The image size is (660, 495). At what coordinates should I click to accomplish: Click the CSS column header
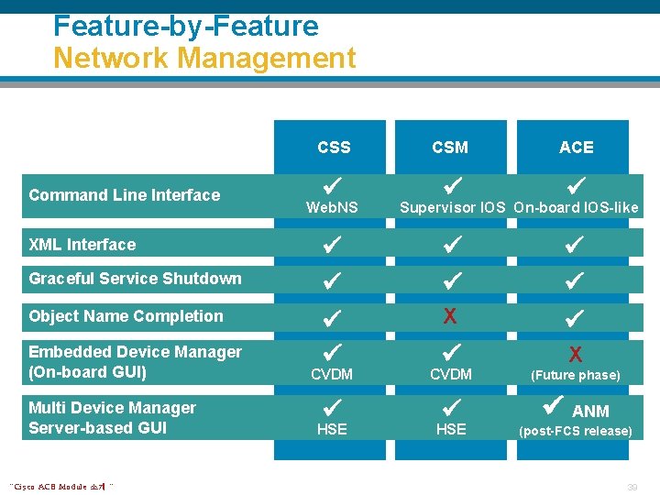tap(334, 147)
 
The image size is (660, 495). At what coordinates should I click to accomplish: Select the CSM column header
tap(450, 147)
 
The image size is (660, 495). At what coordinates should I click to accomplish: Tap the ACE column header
tap(577, 147)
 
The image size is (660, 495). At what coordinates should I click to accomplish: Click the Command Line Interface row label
tap(125, 194)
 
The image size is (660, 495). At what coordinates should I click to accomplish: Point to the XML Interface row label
tap(82, 245)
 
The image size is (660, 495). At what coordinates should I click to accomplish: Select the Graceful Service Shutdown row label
tap(136, 279)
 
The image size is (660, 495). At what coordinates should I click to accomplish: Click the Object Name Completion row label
tap(126, 316)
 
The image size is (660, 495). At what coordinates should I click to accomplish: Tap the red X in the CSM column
tap(450, 316)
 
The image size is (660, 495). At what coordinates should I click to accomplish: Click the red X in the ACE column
tap(576, 354)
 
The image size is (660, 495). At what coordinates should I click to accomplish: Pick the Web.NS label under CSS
tap(332, 208)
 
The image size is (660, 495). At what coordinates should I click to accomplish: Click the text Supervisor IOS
tap(452, 207)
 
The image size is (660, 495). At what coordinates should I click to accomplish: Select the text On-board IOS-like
tap(576, 207)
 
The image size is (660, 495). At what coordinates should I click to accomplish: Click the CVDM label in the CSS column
tap(332, 374)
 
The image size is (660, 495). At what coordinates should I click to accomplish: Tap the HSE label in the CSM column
tap(451, 429)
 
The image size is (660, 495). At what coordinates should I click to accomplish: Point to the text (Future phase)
tap(576, 375)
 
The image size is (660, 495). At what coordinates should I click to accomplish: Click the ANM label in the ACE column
tap(590, 411)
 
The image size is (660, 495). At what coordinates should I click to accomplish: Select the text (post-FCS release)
tap(576, 431)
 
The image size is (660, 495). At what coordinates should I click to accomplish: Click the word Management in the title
tap(267, 59)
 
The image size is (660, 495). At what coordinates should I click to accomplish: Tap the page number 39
tap(631, 486)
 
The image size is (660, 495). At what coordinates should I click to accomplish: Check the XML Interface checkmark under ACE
tap(575, 245)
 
